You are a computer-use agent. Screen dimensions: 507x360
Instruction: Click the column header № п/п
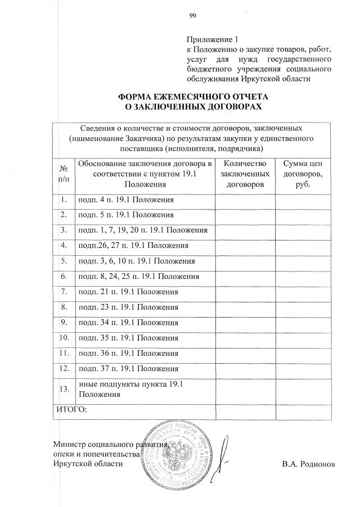click(64, 173)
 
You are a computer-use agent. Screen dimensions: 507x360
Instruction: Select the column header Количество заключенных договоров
click(245, 173)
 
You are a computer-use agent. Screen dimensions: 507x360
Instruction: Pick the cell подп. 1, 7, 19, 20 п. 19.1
click(143, 230)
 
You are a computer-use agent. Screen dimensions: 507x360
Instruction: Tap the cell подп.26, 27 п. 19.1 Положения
click(133, 246)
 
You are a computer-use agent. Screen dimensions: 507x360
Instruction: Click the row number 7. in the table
click(64, 292)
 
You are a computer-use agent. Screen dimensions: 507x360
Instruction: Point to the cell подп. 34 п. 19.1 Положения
click(128, 323)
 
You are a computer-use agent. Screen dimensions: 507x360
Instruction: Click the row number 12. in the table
click(64, 369)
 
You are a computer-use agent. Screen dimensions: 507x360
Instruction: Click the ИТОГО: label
click(71, 409)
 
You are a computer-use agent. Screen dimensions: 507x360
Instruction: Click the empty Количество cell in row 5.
click(245, 261)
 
